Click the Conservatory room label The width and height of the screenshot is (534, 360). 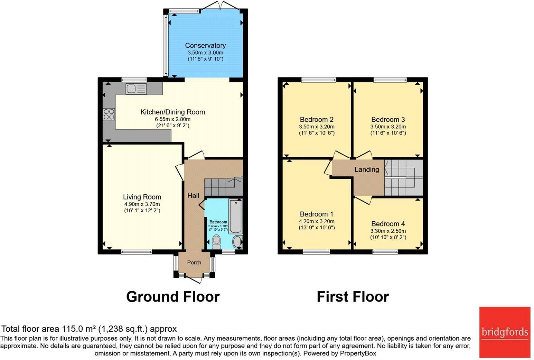[x=205, y=45]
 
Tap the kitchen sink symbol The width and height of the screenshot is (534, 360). [x=136, y=89]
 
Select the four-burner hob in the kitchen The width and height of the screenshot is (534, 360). [x=109, y=114]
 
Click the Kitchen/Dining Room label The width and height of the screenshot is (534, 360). [x=172, y=112]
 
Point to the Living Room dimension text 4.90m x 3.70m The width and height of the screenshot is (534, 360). [x=142, y=204]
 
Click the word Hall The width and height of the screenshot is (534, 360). [x=193, y=196]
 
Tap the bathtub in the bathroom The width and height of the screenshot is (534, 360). [x=235, y=216]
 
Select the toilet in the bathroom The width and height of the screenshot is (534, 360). [x=216, y=242]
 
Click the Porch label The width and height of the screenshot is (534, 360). [x=194, y=263]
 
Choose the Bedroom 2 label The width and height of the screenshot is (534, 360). [x=317, y=119]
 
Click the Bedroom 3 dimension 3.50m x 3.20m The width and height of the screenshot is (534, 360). [x=388, y=127]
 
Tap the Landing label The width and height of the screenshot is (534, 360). [x=367, y=169]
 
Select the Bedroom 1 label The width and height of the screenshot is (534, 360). [x=317, y=214]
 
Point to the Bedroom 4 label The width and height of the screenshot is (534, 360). [x=388, y=224]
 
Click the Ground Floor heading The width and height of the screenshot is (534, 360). [x=173, y=297]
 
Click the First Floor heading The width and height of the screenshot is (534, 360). [x=353, y=297]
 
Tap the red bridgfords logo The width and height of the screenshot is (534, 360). [x=505, y=332]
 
